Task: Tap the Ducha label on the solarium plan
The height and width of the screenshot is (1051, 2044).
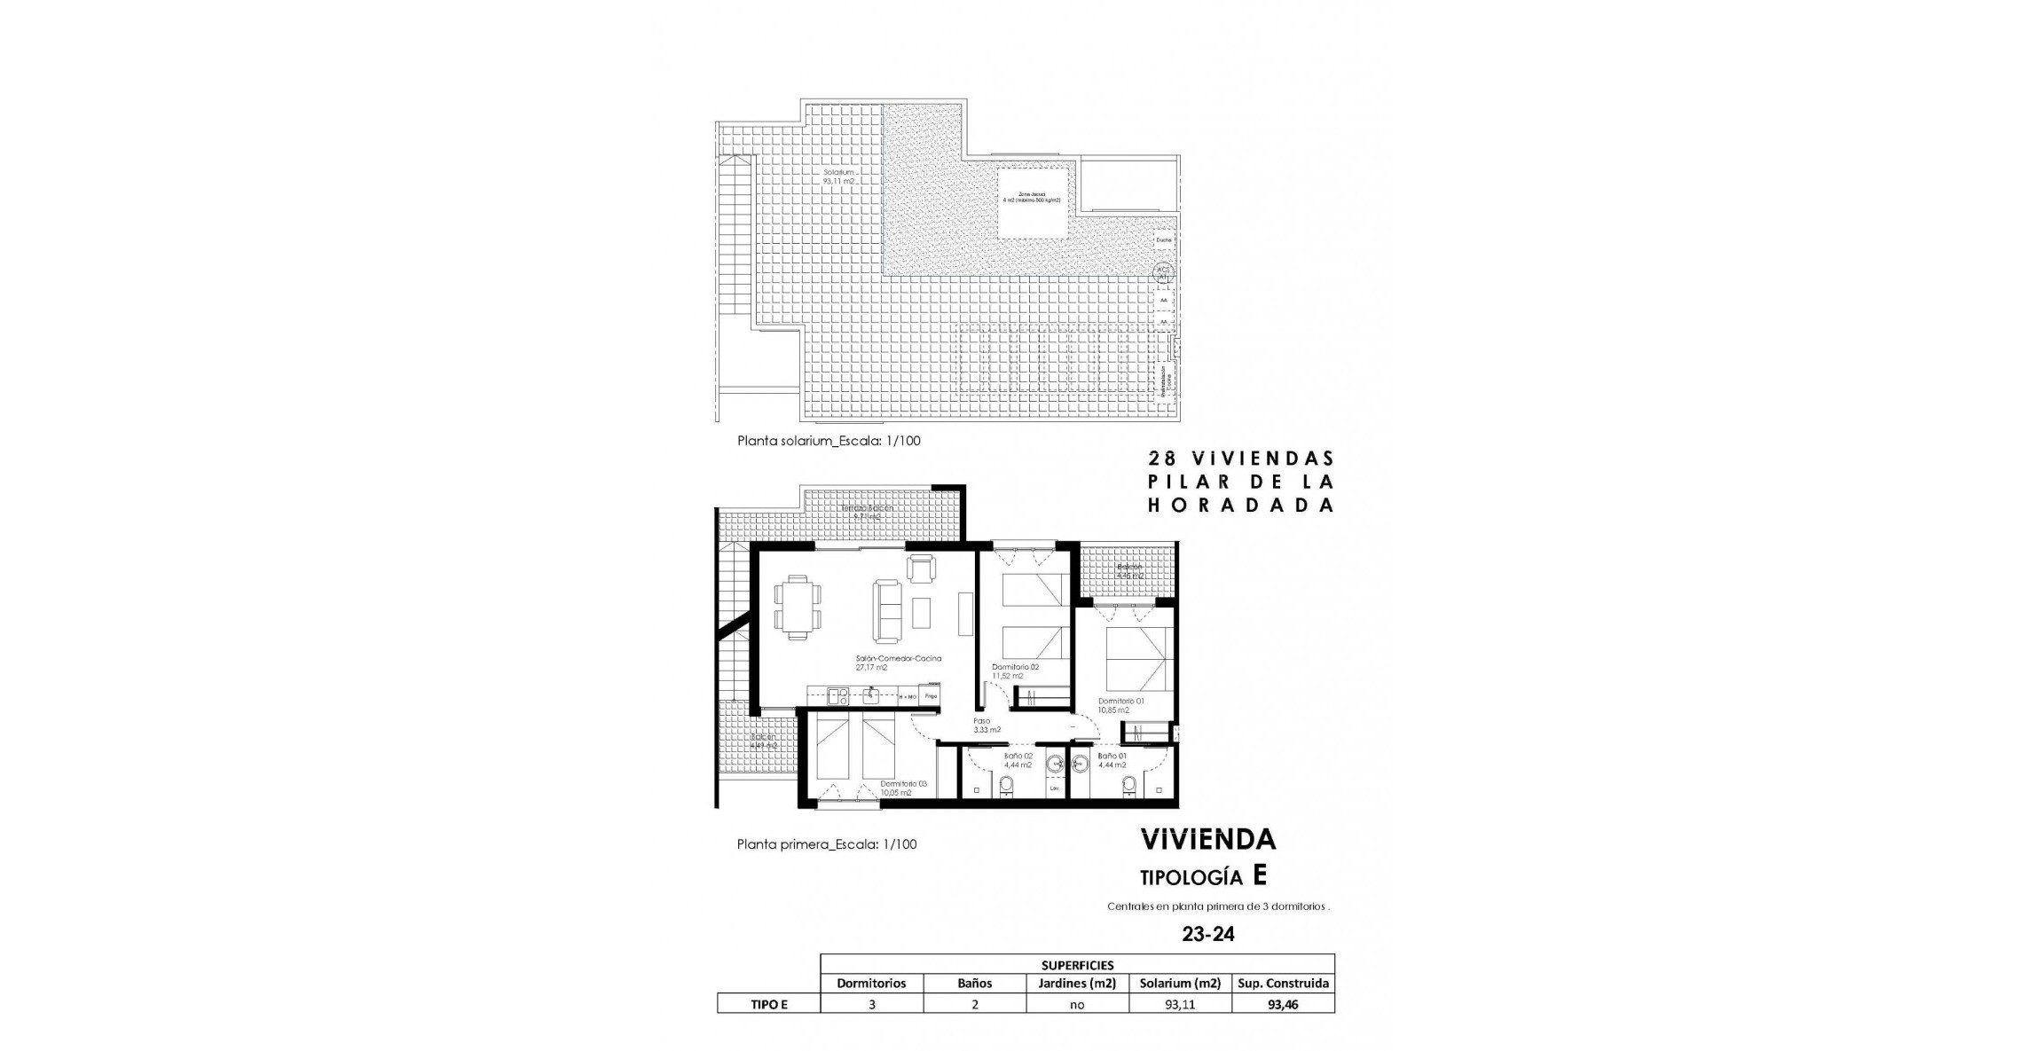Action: tap(1163, 239)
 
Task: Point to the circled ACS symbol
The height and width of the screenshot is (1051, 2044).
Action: tap(1162, 273)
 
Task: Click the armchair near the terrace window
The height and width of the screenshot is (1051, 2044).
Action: tap(921, 569)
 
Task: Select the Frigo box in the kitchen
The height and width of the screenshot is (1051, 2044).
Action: tap(931, 696)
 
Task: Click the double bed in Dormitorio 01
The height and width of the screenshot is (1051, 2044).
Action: tap(1138, 656)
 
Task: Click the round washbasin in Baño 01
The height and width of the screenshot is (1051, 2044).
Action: tap(1081, 763)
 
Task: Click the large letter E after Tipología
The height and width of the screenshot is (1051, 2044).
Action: tap(1260, 876)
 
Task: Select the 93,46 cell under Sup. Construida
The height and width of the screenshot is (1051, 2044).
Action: tap(1283, 1005)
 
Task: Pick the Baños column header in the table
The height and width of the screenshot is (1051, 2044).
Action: tap(974, 983)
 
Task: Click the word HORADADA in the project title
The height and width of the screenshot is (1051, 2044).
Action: tap(1241, 505)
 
